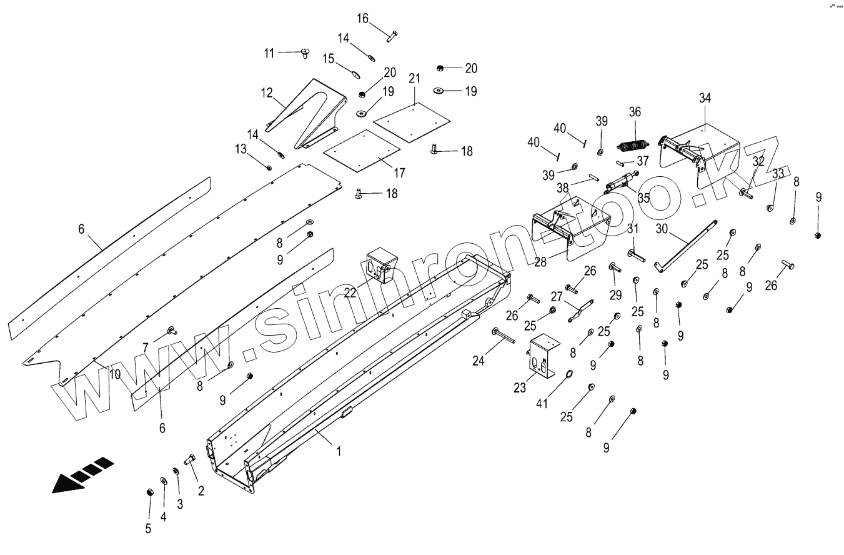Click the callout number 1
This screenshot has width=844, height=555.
[x=339, y=450]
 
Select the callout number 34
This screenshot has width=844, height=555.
[x=705, y=98]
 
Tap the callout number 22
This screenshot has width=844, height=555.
[x=350, y=292]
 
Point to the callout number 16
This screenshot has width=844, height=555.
[x=363, y=18]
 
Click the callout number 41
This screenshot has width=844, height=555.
[x=542, y=403]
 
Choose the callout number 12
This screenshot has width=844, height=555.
[x=267, y=94]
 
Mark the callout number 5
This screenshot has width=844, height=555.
[x=148, y=529]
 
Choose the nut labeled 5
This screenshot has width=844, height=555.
[x=150, y=492]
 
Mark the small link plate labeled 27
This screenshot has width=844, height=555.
[x=579, y=311]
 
